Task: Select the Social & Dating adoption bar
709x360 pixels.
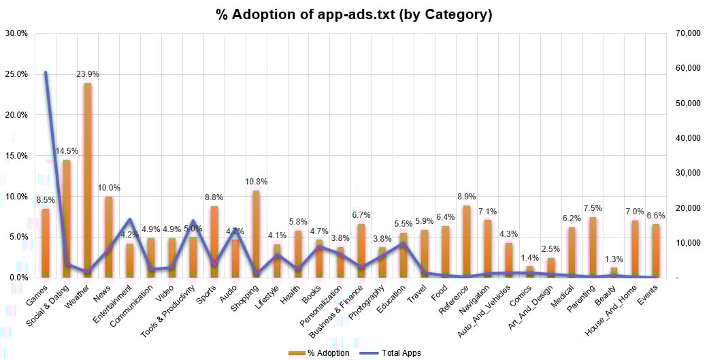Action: (x=67, y=218)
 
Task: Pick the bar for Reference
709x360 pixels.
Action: (x=467, y=242)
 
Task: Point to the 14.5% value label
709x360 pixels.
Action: (x=67, y=151)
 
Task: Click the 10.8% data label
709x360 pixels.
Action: (x=257, y=182)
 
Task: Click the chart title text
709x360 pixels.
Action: (x=354, y=14)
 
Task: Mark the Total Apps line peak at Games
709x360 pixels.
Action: (x=46, y=72)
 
